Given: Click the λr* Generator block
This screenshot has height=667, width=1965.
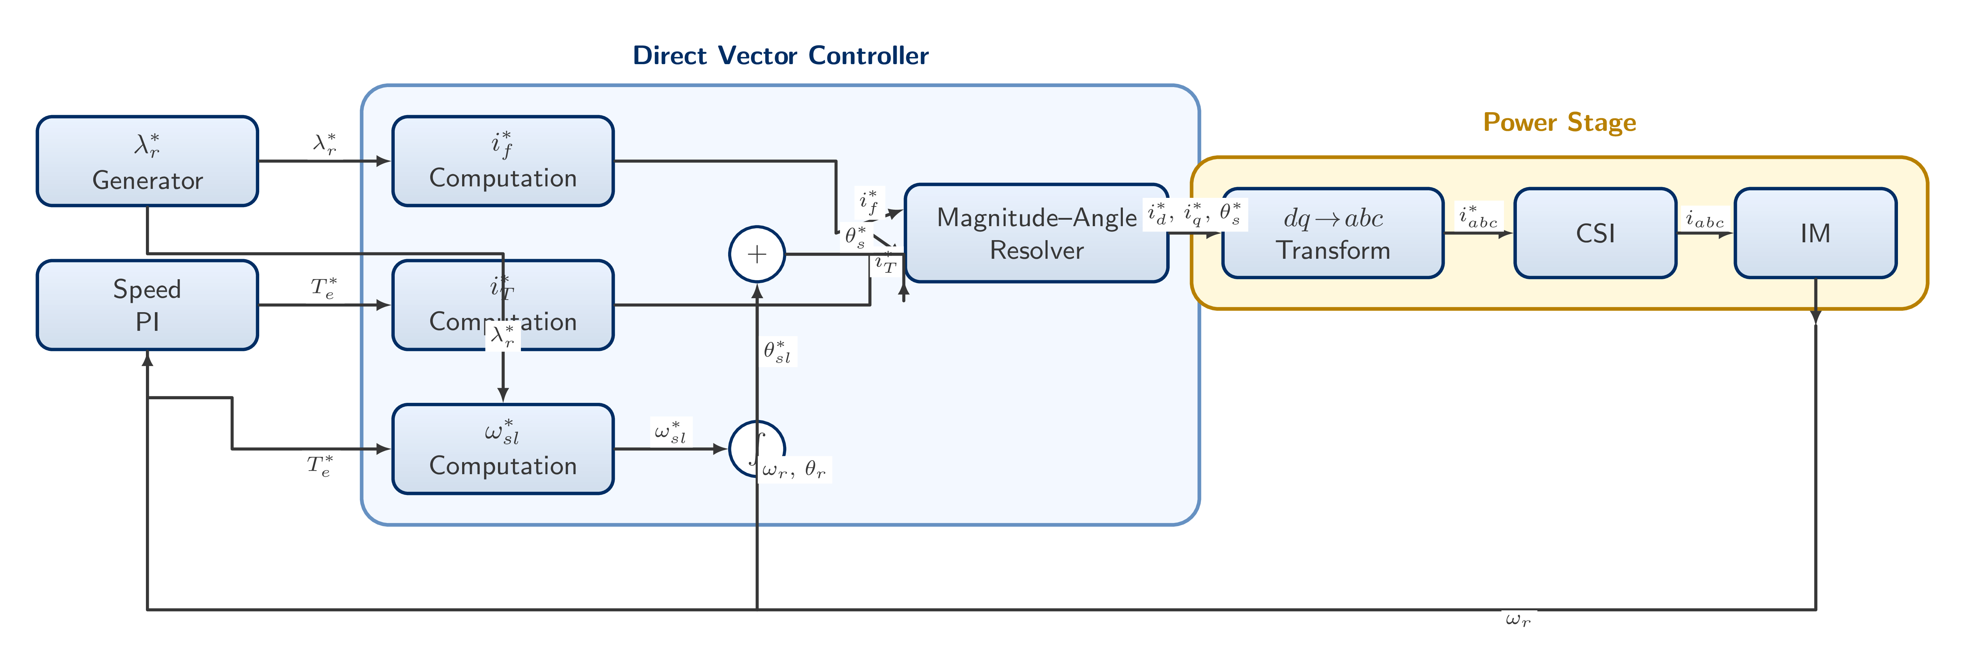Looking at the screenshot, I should [x=147, y=161].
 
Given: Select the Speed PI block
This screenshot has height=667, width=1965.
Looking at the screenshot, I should [x=147, y=305].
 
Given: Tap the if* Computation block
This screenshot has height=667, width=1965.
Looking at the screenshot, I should [x=503, y=161].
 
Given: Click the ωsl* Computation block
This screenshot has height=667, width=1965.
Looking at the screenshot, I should [x=503, y=449].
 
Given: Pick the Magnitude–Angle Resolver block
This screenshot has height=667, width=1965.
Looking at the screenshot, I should [x=1036, y=233].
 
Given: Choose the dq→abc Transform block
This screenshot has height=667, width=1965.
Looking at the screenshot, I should [x=1333, y=233].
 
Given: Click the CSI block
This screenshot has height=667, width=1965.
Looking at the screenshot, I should [x=1595, y=233].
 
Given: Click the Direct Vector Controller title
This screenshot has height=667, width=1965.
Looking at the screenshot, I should [x=780, y=56].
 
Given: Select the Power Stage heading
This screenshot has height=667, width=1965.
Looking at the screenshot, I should [x=1559, y=122].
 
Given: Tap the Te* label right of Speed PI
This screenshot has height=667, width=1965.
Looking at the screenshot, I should [x=323, y=288].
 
